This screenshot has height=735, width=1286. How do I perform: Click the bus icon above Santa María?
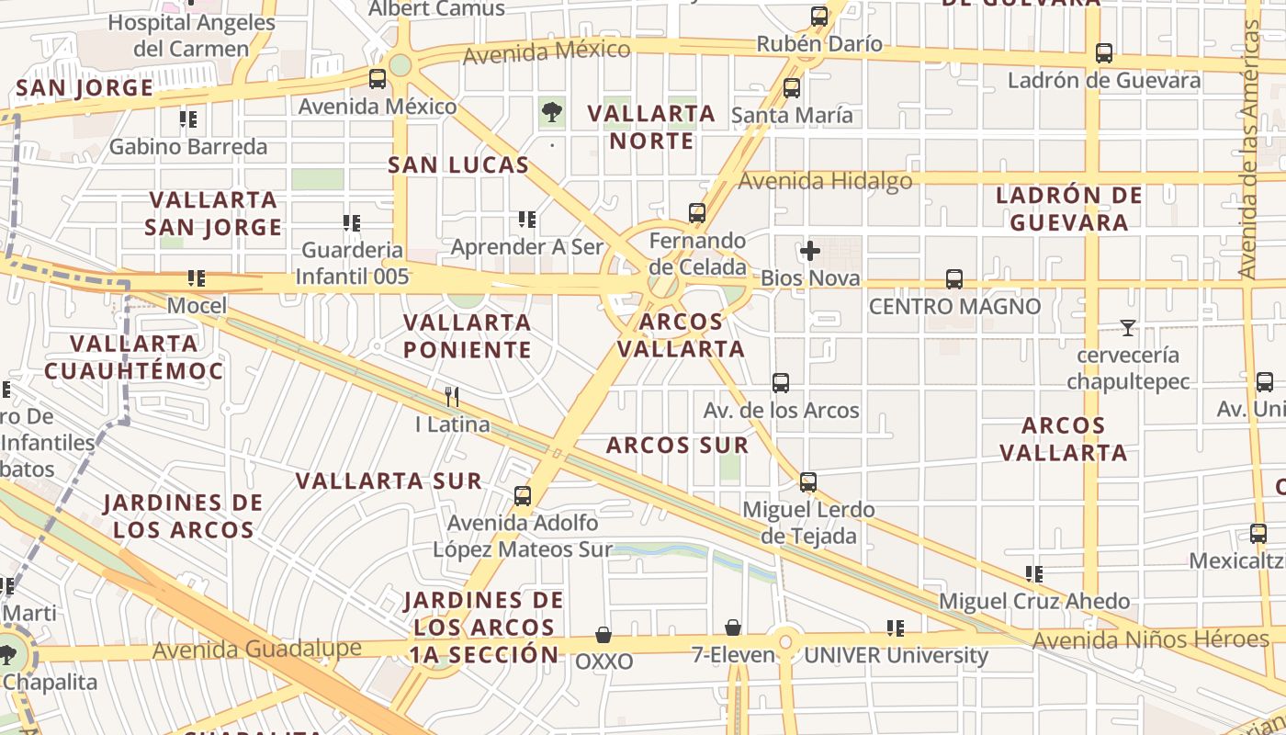point(791,88)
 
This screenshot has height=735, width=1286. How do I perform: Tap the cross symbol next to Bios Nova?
point(809,251)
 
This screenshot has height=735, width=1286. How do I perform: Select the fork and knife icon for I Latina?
point(452,397)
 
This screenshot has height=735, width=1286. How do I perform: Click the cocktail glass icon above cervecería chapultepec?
point(1127,327)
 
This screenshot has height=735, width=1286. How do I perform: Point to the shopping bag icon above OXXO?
point(604,634)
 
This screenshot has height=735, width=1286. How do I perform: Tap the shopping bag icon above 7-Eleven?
point(733,628)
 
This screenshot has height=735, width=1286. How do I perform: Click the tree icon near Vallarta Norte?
point(552,113)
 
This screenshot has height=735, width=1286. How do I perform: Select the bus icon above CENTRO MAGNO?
point(954,278)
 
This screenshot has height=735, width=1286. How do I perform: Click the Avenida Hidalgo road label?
point(825,181)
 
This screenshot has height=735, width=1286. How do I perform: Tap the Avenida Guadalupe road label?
point(257,650)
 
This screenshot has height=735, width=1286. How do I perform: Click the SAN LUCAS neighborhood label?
point(458,165)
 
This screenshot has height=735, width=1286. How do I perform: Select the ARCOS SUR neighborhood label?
point(677,446)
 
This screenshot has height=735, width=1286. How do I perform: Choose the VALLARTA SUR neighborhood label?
point(389,481)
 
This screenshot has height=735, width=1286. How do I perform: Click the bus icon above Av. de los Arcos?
point(781,382)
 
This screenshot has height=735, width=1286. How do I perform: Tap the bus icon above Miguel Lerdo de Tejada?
point(807,481)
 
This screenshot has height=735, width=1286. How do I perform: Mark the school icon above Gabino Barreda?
point(188,119)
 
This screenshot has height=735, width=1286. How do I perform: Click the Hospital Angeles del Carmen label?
point(191,35)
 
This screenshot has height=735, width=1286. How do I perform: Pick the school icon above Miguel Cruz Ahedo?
point(1034,574)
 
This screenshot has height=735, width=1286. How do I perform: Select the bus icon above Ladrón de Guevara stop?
point(1104,53)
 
